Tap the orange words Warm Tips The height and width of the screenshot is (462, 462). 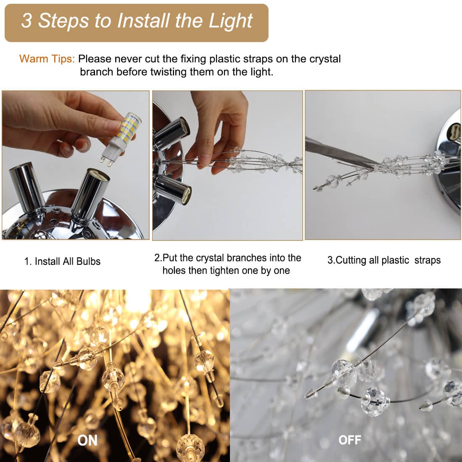pos(47,59)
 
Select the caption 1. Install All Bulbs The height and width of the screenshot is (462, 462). pos(63,261)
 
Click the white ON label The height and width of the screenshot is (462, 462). pos(87,441)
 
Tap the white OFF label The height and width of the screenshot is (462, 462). pos(350,440)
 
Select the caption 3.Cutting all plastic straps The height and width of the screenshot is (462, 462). pos(384,260)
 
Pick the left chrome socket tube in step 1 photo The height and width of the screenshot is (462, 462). pos(27,187)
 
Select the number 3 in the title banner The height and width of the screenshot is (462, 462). pos(26,21)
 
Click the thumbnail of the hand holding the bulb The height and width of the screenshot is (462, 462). pos(76,165)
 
